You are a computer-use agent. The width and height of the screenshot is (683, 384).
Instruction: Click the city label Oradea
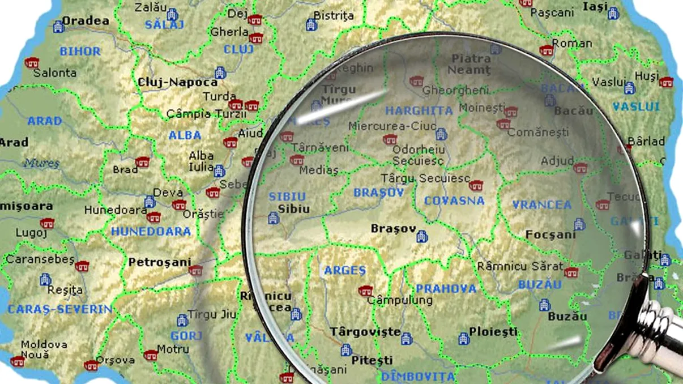[x=85, y=21]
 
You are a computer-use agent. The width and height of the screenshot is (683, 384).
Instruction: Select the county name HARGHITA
[x=419, y=110]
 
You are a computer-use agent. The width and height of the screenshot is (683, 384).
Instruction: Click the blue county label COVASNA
[x=454, y=201]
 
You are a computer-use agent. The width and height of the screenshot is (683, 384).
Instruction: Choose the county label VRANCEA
[x=542, y=205]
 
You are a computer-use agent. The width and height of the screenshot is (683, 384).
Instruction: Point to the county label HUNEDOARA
[x=151, y=232]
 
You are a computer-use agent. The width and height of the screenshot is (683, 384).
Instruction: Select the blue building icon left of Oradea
[x=58, y=26]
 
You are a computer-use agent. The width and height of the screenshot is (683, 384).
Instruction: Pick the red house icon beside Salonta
[x=32, y=62]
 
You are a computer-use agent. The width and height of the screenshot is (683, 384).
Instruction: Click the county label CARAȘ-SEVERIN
[x=59, y=309]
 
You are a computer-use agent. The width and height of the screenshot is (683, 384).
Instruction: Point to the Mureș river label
[x=41, y=163]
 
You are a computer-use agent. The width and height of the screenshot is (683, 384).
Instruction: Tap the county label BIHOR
[x=80, y=52]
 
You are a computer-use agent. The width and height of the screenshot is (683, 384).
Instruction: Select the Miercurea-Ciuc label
[x=385, y=126]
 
